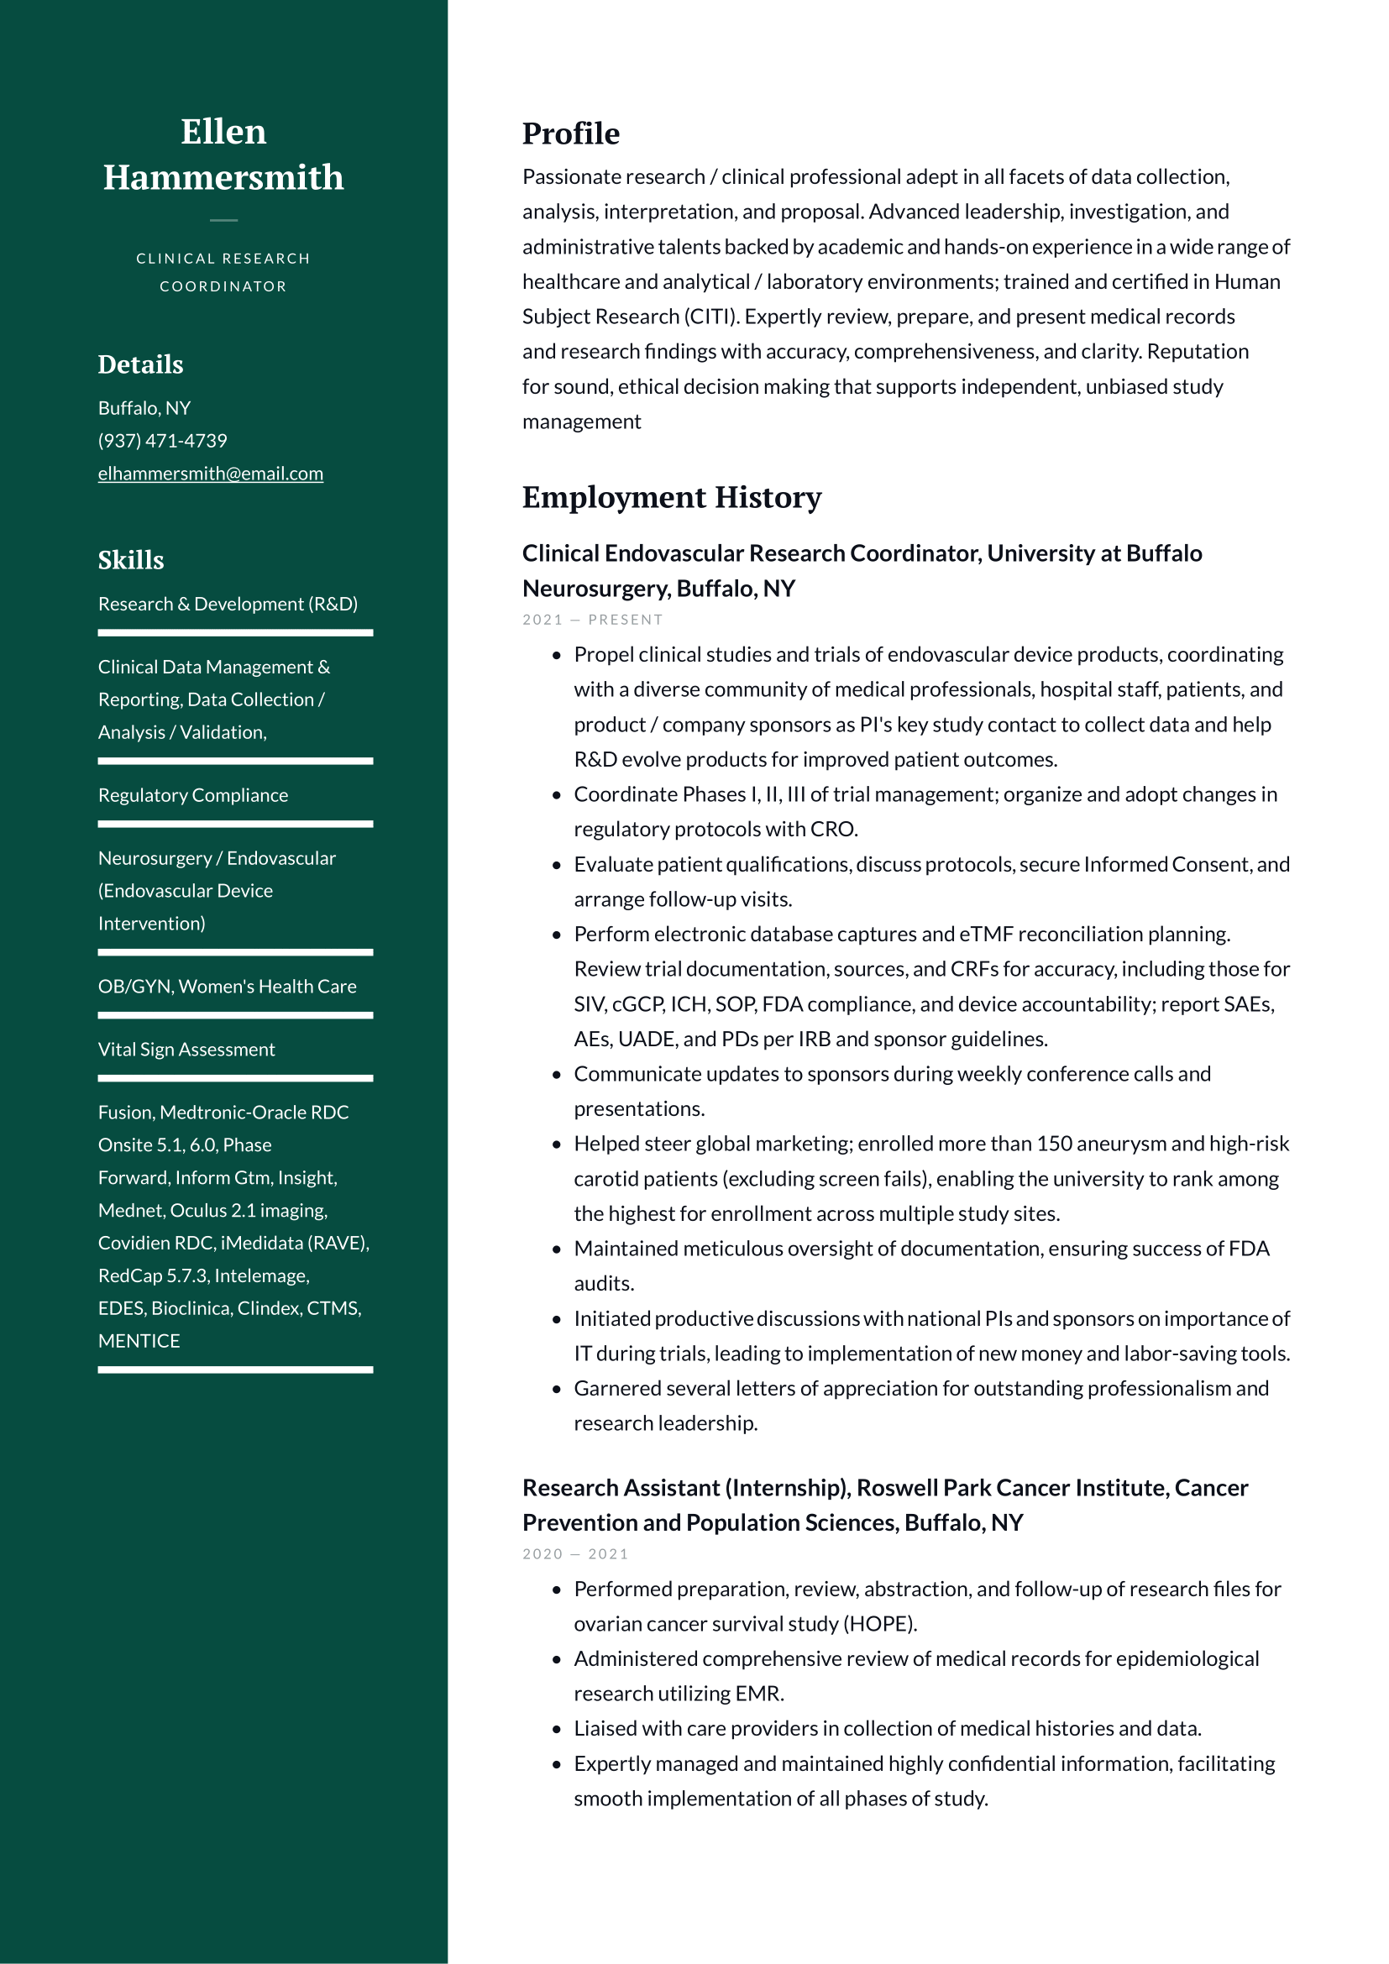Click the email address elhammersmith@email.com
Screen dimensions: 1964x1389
click(211, 474)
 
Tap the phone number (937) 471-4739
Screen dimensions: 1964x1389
click(163, 442)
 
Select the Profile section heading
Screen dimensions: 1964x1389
click(570, 134)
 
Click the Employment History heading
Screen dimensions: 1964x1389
click(672, 498)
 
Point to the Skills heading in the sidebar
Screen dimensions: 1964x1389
click(131, 560)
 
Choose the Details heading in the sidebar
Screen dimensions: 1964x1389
click(140, 365)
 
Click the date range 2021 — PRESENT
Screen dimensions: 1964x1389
click(592, 621)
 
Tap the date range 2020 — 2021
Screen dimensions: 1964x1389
click(574, 1554)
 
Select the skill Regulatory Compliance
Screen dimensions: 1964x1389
click(192, 795)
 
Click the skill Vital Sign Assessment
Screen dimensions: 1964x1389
click(186, 1050)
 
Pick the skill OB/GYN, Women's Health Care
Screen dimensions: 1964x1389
click(227, 987)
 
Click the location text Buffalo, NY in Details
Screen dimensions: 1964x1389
click(144, 409)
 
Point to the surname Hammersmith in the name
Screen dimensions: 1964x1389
click(223, 178)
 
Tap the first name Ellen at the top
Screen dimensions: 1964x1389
click(223, 132)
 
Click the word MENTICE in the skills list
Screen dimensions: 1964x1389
click(139, 1341)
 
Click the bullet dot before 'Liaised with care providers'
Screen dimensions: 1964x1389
click(557, 1730)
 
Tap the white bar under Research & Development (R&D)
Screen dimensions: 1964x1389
click(235, 633)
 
